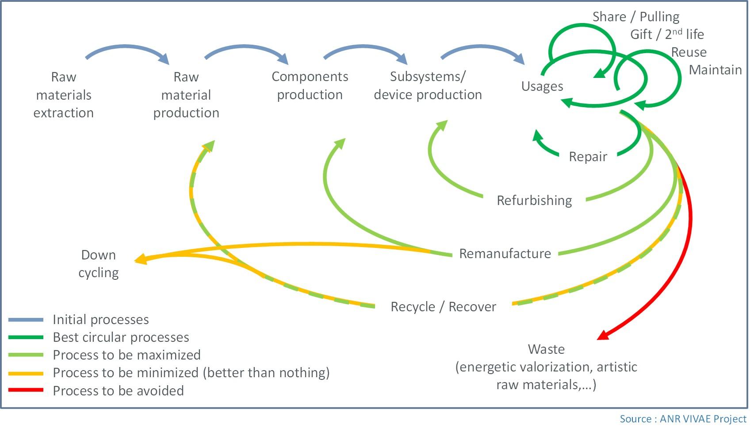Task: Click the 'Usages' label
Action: click(x=542, y=86)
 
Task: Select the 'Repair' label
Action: click(x=588, y=157)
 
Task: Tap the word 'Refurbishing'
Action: click(x=534, y=201)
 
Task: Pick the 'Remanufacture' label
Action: click(x=505, y=254)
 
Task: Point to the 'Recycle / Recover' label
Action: click(x=443, y=307)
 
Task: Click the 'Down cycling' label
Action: click(x=99, y=264)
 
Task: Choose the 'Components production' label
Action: click(x=310, y=85)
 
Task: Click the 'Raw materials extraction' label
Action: click(x=64, y=95)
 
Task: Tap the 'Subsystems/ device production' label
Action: click(x=428, y=85)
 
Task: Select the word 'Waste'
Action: click(x=546, y=349)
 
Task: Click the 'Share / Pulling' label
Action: click(x=635, y=17)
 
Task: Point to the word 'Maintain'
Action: click(x=715, y=70)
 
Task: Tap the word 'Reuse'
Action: click(x=689, y=52)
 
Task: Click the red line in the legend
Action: click(x=26, y=390)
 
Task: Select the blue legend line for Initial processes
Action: click(x=26, y=320)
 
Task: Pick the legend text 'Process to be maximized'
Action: click(x=126, y=355)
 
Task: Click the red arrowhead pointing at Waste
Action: click(x=602, y=335)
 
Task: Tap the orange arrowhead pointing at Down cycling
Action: click(x=140, y=259)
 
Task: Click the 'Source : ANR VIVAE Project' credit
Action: click(x=683, y=419)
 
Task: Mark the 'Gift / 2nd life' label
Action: click(x=667, y=34)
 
